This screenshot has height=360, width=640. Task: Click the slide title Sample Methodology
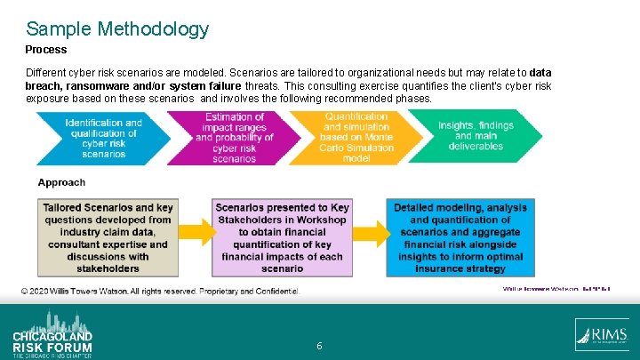tap(117, 29)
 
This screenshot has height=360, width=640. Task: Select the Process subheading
tap(46, 51)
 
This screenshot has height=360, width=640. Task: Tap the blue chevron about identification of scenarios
tap(103, 138)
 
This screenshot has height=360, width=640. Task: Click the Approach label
tap(62, 183)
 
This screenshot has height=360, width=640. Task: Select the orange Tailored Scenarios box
tap(108, 237)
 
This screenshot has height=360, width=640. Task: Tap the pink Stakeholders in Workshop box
tap(282, 237)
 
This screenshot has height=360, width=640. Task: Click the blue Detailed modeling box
tap(460, 237)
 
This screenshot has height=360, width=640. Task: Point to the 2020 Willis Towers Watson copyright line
tap(160, 292)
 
